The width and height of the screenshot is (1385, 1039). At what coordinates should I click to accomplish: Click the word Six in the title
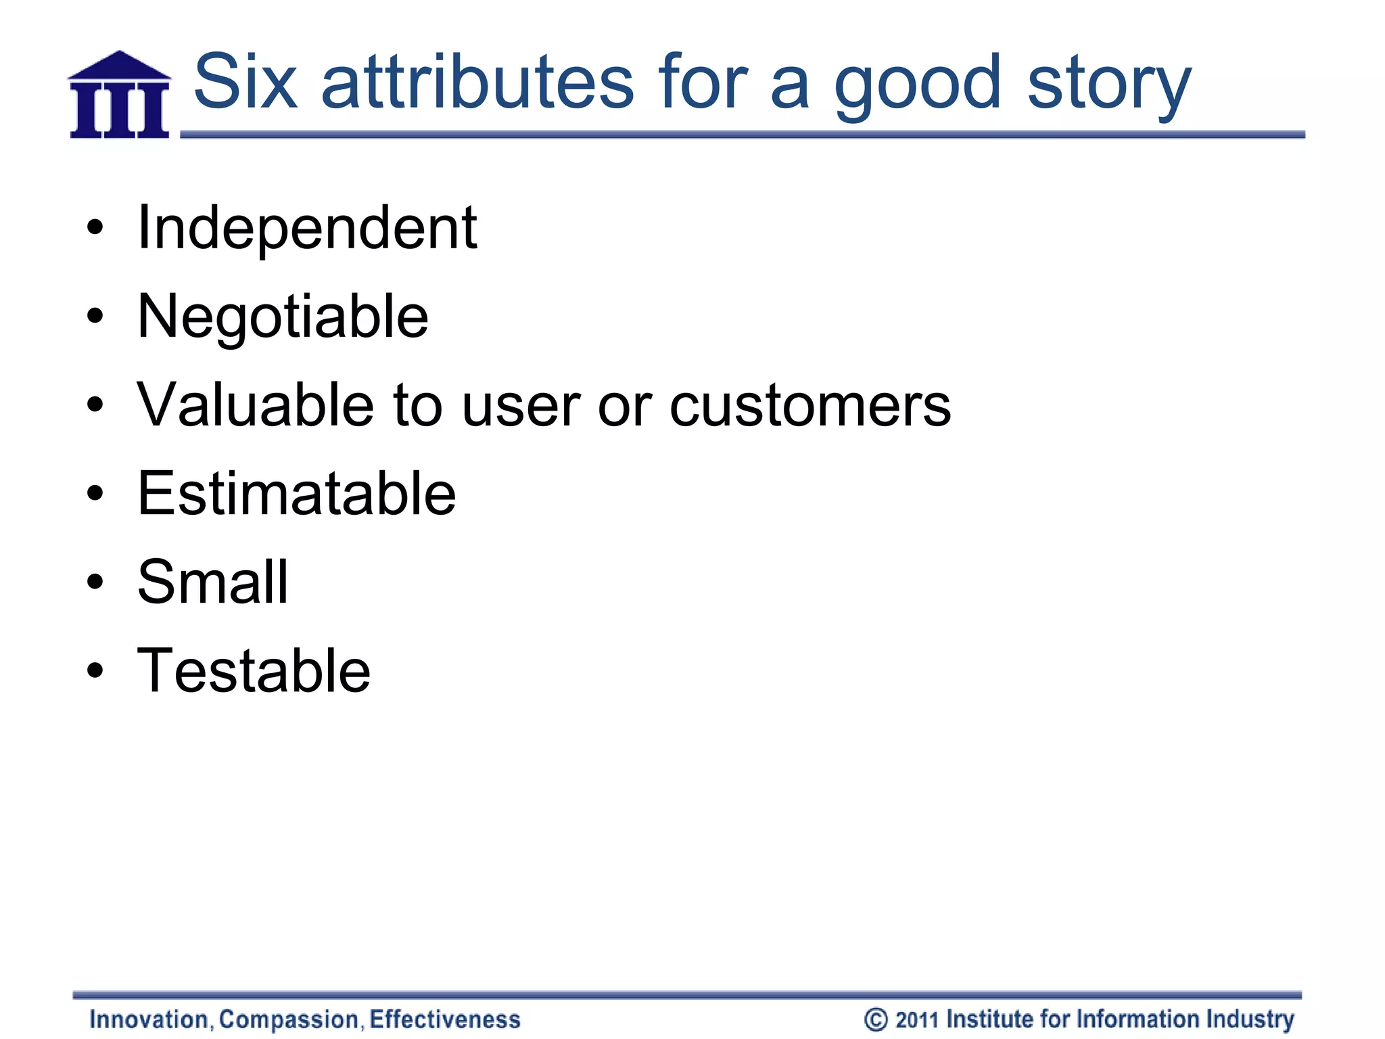[x=245, y=83]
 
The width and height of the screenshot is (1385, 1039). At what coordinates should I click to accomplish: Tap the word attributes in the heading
[x=477, y=83]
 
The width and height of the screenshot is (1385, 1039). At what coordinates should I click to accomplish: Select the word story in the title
[x=1109, y=85]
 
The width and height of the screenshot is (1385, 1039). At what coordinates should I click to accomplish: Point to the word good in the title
[x=917, y=85]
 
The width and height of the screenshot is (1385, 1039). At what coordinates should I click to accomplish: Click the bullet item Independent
[x=307, y=228]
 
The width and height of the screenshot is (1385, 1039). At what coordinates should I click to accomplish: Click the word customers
[x=810, y=406]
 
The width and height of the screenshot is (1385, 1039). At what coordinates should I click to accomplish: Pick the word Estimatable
[x=296, y=494]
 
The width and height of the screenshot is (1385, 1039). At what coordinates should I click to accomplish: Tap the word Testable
[x=254, y=670]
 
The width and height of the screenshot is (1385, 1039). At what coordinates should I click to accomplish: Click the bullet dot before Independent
[x=95, y=229]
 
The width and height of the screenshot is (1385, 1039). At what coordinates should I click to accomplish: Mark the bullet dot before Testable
[x=95, y=671]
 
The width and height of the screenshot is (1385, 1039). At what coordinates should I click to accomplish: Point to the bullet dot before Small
[x=95, y=582]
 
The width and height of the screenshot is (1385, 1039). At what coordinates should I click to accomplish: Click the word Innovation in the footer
[x=149, y=1019]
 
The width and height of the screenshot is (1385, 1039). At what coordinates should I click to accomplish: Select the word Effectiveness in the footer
[x=445, y=1019]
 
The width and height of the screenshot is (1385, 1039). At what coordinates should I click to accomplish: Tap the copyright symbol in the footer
[x=876, y=1019]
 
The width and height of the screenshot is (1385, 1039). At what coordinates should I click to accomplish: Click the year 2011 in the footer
[x=918, y=1019]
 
